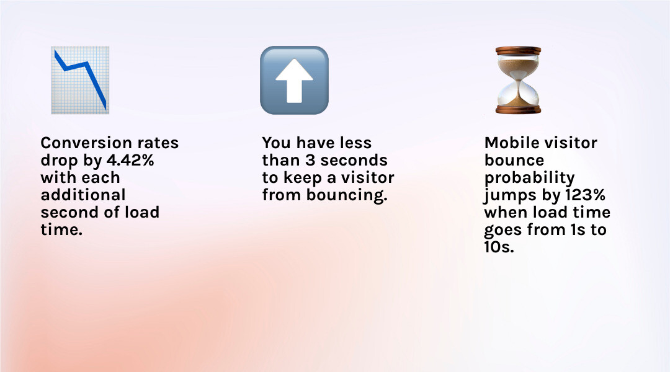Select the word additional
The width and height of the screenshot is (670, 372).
pos(83,195)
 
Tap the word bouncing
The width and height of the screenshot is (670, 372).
pos(348,195)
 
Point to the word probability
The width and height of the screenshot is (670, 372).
pos(529,178)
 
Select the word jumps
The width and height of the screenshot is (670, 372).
pos(507,195)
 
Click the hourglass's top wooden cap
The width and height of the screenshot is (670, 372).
pos(518,51)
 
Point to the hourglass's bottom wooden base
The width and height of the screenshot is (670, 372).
pos(518,109)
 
